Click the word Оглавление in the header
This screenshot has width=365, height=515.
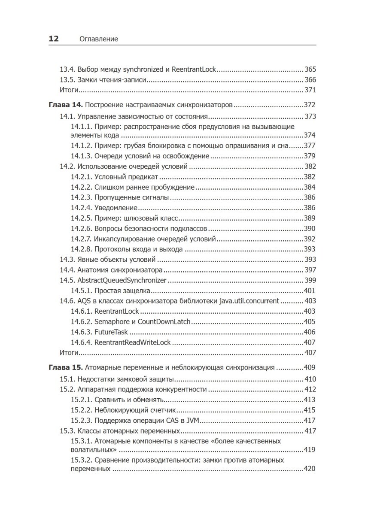(99, 39)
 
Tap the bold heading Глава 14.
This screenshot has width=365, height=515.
(64, 105)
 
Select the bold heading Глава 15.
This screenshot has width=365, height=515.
(64, 367)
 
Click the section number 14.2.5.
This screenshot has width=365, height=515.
(81, 218)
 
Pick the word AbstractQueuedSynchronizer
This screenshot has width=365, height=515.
(122, 280)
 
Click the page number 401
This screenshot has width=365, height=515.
(310, 291)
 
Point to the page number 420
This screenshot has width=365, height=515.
(310, 469)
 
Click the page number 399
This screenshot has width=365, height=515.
(310, 280)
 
